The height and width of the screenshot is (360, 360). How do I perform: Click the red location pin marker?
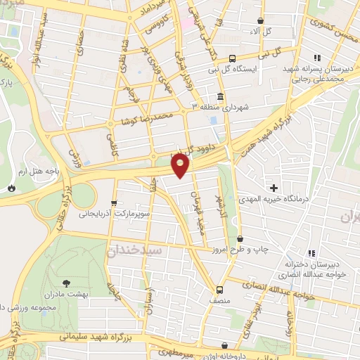coord(181,167)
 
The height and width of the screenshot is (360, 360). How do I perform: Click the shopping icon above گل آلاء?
coord(261,21)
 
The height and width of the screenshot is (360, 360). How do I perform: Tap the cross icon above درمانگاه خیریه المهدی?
coord(274,188)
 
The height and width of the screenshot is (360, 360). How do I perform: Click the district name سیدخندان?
coord(135,250)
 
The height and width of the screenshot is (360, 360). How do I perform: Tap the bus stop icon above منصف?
coord(220,288)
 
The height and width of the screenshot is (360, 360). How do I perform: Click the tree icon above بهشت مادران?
coord(66,283)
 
